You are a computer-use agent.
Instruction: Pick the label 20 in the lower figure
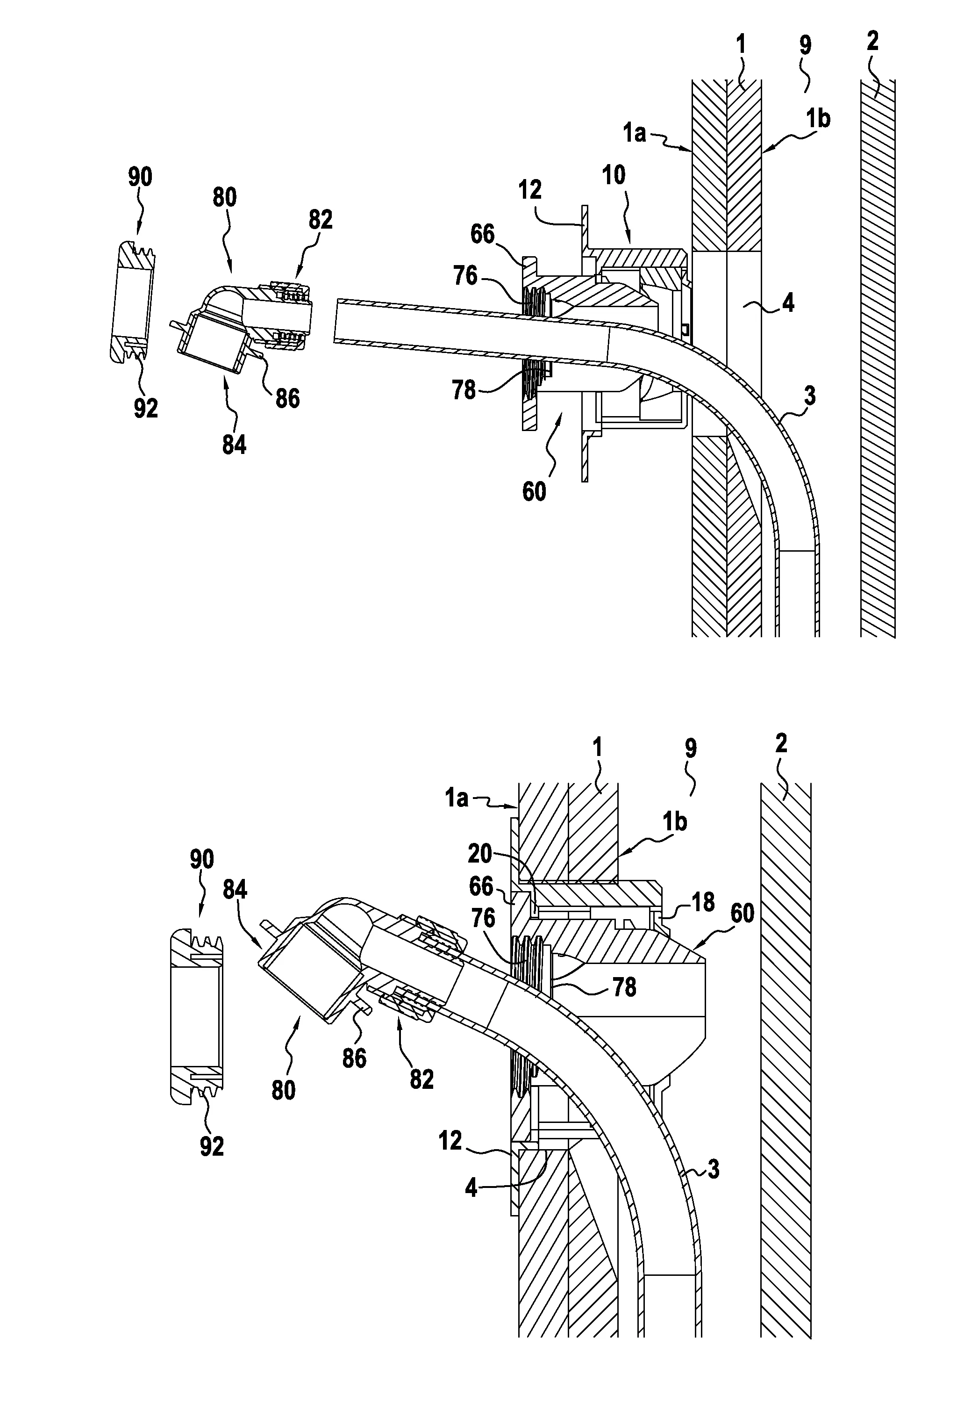(x=480, y=854)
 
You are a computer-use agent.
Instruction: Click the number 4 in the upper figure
(x=787, y=302)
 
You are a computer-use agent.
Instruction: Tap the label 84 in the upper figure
(x=234, y=445)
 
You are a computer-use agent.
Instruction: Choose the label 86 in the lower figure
(x=354, y=1058)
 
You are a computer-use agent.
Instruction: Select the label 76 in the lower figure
(x=483, y=918)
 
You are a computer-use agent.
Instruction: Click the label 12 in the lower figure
(x=450, y=1140)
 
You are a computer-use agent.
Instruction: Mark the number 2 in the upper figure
(x=872, y=41)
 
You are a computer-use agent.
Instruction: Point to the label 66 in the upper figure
(x=482, y=234)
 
